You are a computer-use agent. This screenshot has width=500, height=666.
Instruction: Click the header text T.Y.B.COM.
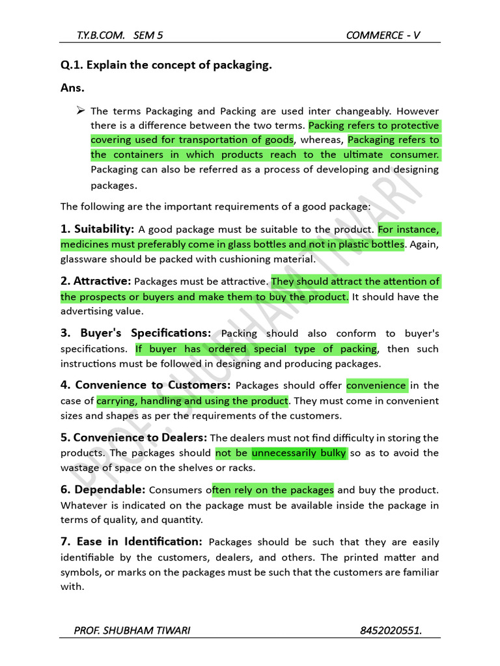pos(98,35)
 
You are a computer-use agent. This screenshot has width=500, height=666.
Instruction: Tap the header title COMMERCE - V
pos(383,35)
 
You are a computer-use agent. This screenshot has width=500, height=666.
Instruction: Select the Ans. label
pos(72,87)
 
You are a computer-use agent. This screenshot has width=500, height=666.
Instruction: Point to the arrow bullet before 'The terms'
pos(81,111)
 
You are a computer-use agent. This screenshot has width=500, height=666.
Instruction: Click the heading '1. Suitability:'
pos(98,229)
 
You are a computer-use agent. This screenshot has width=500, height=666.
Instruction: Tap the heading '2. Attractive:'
pos(96,282)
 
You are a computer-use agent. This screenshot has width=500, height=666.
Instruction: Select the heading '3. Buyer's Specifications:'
pos(135,333)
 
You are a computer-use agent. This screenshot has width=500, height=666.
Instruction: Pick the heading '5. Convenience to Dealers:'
pos(134,438)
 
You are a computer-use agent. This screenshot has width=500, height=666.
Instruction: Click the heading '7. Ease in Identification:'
pos(132,542)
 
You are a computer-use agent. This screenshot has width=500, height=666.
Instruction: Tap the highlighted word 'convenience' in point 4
pos(376,386)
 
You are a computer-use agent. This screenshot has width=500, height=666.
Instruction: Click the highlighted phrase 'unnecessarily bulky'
pos(299,453)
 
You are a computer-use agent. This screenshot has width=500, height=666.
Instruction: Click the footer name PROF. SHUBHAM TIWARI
pos(133,630)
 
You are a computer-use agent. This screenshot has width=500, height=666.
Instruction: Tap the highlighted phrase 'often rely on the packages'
pos(273,490)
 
